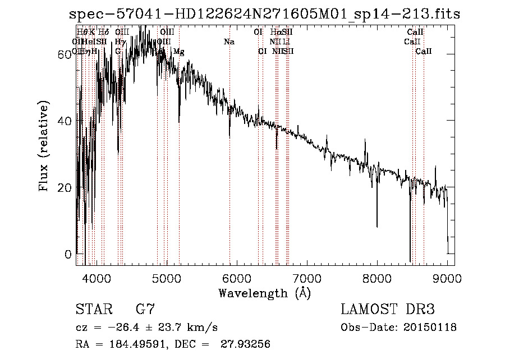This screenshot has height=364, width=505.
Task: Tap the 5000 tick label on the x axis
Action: click(x=167, y=278)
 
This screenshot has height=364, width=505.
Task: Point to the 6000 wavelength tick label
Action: click(x=237, y=278)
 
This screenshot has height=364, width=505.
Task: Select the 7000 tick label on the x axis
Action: click(x=307, y=278)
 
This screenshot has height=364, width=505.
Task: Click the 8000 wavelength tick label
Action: click(x=377, y=278)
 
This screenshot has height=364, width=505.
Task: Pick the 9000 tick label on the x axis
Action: click(x=447, y=278)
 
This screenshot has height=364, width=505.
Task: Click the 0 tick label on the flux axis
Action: click(x=68, y=254)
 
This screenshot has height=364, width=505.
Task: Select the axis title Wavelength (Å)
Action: click(x=264, y=293)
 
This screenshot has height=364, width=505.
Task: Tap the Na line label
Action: click(x=228, y=42)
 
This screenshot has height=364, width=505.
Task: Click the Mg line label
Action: click(x=178, y=52)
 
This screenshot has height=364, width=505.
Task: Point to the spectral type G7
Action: click(x=145, y=309)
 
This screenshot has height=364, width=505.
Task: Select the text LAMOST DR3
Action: click(x=387, y=309)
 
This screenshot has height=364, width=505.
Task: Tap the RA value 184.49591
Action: click(x=134, y=344)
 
